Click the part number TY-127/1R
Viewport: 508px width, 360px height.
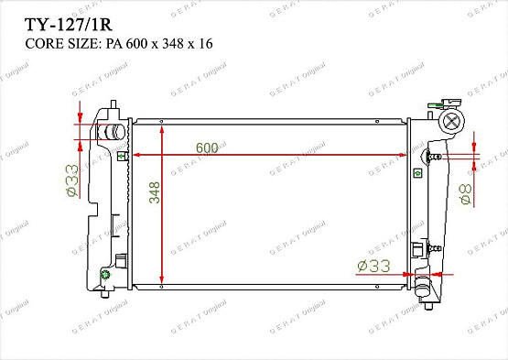pyautogui.click(x=69, y=25)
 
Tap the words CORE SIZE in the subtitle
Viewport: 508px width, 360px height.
pyautogui.click(x=61, y=44)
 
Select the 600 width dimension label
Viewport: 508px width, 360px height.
pyautogui.click(x=207, y=147)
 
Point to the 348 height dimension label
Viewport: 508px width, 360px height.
pyautogui.click(x=155, y=192)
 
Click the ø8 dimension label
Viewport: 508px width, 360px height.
pyautogui.click(x=466, y=194)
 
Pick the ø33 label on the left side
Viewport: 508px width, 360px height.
pyautogui.click(x=72, y=180)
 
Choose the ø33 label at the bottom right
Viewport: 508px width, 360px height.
pyautogui.click(x=373, y=266)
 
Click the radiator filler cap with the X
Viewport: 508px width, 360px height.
pyautogui.click(x=451, y=121)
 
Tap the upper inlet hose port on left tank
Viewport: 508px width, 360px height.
pyautogui.click(x=111, y=132)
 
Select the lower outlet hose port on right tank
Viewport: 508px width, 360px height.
pyautogui.click(x=424, y=286)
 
